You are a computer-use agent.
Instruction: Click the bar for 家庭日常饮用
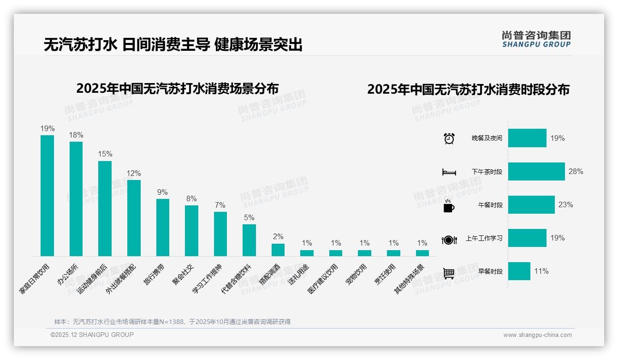47,195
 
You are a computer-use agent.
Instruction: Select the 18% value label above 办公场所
76,135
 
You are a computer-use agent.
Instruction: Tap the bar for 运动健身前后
105,208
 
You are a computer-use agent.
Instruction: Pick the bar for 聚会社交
191,230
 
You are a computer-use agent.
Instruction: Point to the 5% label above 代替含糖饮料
249,218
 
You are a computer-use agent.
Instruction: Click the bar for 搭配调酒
278,250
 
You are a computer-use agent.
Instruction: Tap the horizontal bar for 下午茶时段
536,171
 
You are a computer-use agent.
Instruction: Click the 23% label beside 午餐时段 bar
565,205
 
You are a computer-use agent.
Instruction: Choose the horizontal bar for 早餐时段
519,271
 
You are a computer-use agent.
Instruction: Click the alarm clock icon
449,138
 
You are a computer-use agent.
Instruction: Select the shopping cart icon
449,273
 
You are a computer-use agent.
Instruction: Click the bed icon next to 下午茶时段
449,172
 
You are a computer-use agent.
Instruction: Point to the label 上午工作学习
484,239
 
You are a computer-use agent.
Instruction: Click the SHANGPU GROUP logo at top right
536,39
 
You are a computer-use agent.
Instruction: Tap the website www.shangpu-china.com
537,335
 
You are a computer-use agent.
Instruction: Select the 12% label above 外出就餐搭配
134,174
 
